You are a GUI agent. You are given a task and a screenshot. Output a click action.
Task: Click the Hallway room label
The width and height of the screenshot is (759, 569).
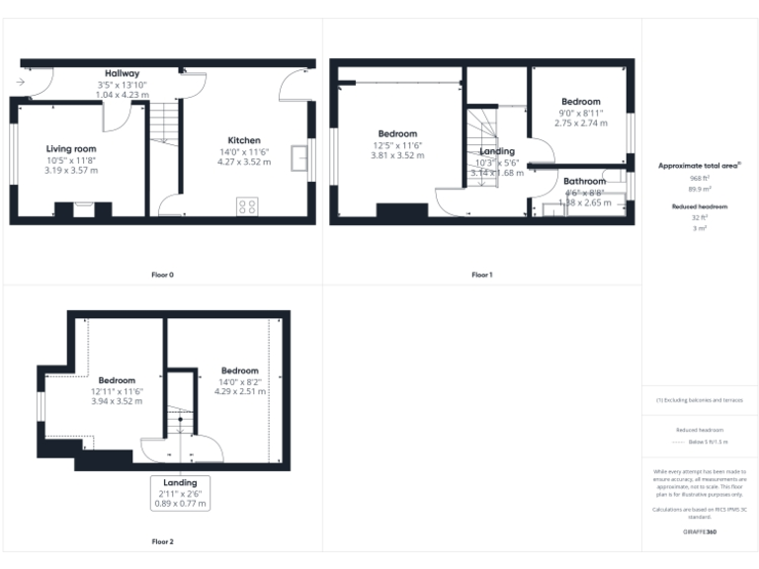point(124,73)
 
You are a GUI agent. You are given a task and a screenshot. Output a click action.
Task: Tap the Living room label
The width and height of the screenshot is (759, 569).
point(71,148)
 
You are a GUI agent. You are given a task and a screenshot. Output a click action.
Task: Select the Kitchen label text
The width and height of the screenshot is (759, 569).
point(244,139)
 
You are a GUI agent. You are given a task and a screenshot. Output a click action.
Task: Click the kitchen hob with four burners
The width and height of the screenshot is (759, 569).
point(248,206)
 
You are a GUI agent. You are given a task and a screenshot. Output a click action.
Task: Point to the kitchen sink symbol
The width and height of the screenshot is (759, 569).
point(299,158)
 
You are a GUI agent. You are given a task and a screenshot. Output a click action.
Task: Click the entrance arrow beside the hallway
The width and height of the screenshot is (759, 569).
point(22,83)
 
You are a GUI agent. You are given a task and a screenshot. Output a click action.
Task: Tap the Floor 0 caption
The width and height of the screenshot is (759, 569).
point(162,274)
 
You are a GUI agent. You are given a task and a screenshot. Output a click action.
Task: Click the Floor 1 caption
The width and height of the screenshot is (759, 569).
point(481,274)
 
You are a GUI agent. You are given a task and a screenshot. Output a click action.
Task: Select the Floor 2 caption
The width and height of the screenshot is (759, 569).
point(162,541)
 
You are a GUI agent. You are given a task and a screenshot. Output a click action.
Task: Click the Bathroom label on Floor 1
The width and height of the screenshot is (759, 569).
point(584,181)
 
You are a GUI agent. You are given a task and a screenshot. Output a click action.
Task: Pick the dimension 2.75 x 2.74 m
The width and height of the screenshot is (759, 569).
point(580,122)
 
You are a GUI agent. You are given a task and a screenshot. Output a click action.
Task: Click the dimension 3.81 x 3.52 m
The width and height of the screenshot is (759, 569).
point(397,155)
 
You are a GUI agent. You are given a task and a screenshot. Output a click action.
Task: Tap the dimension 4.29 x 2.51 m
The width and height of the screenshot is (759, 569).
point(239,391)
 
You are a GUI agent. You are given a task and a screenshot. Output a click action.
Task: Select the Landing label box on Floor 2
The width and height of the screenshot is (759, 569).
point(180,493)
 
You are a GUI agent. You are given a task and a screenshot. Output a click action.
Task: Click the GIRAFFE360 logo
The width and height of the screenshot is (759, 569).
point(700,532)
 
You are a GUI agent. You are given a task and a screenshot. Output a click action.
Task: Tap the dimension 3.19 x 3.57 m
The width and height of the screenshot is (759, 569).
point(71,170)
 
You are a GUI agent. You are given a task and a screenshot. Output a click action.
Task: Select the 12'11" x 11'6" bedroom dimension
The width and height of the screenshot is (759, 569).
point(118,391)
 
